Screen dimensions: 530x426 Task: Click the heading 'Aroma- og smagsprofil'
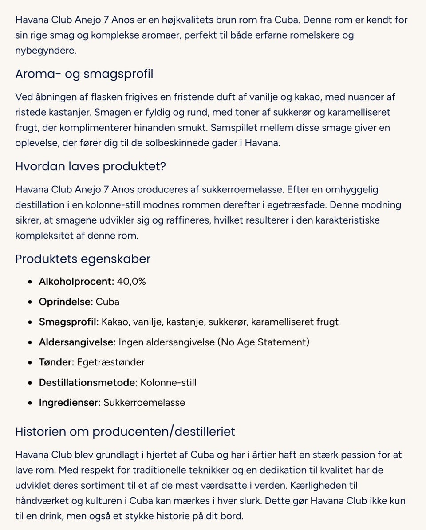[x=84, y=74]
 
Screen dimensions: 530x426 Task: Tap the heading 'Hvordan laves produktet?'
[x=91, y=166]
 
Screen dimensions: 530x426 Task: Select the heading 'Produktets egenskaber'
[x=83, y=259]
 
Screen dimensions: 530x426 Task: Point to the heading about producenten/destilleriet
[x=125, y=431]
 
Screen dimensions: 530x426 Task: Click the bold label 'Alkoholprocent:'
[x=76, y=281]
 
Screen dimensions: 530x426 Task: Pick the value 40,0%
[x=131, y=281]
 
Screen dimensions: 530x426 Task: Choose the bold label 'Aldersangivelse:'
[x=77, y=342]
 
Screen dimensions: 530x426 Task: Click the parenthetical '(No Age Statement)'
[x=263, y=342]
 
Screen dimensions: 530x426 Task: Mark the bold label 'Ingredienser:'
[x=70, y=403]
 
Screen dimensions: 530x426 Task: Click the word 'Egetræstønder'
[x=111, y=362]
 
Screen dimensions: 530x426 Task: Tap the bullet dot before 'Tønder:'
[x=30, y=363]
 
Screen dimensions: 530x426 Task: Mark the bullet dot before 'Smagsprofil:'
[x=30, y=322]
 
